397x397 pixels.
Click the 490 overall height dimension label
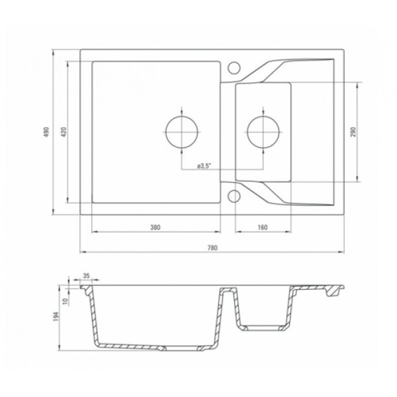46,132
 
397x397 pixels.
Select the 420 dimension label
64,132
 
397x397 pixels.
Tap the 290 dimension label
353,132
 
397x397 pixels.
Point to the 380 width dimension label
155,227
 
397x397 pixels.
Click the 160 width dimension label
263,227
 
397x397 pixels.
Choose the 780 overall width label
212,247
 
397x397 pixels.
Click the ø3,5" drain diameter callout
204,166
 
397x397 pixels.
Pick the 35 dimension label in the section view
86,276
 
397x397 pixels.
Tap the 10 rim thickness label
66,301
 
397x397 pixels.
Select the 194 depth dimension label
56,317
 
